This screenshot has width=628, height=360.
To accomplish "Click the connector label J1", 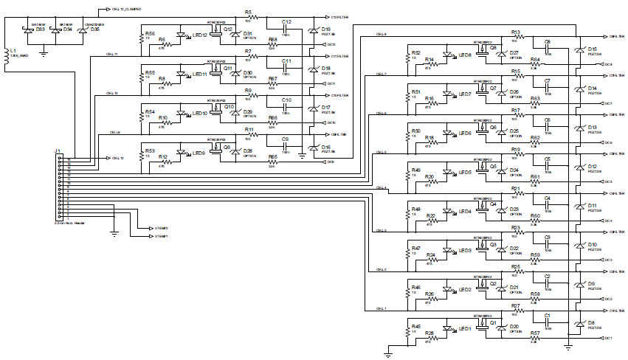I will click(58, 151).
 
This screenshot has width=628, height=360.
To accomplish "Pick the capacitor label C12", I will click(286, 21).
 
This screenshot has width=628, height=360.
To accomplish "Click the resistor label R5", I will click(248, 13).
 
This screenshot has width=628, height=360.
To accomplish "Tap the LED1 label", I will click(465, 328).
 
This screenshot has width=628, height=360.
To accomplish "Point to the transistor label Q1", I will click(493, 322).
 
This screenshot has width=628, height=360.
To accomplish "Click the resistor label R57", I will click(534, 333).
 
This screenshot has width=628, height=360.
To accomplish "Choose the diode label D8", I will click(591, 322).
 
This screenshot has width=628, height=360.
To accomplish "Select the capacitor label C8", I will click(547, 41).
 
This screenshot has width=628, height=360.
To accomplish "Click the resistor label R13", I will click(515, 32).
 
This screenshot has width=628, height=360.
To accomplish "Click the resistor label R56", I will click(150, 33).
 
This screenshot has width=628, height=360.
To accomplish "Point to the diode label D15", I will click(592, 49).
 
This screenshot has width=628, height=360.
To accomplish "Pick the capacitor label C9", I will click(285, 139).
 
